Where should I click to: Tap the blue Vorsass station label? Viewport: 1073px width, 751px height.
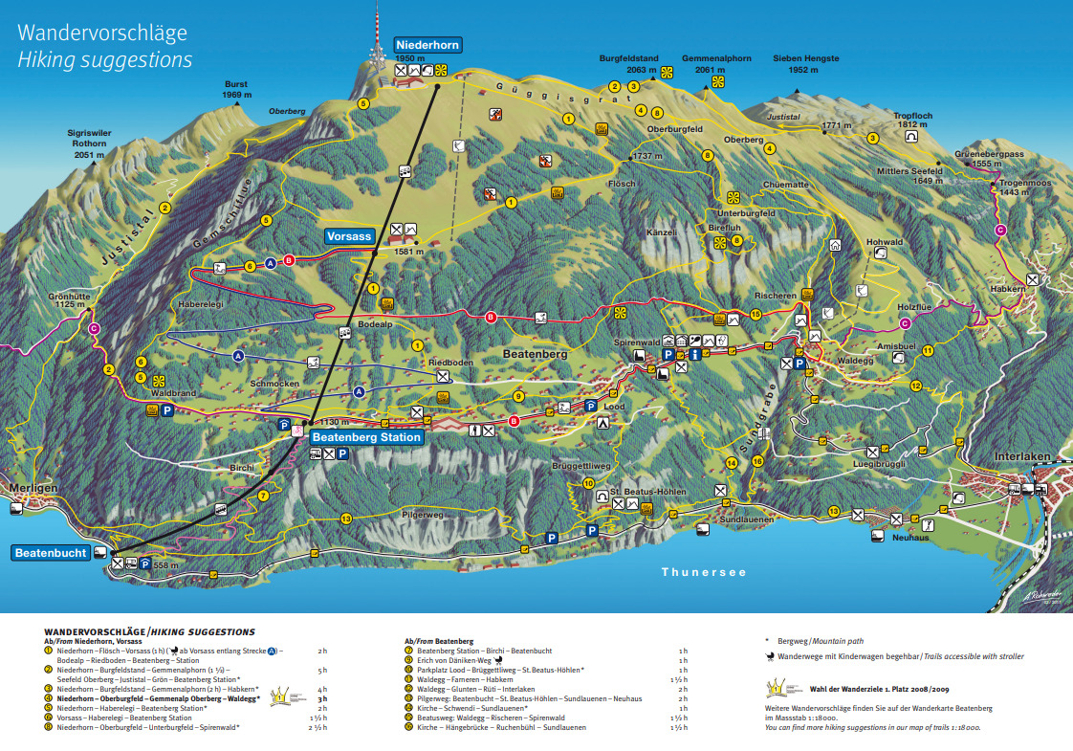coord(348,236)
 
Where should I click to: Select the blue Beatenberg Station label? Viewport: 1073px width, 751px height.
coord(367,437)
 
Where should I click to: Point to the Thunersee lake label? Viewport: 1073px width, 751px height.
coord(703,572)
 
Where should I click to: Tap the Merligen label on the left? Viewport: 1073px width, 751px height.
coord(28,488)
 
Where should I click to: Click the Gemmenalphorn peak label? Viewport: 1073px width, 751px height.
coord(716,58)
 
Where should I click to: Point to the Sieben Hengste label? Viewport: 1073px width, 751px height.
coord(805,58)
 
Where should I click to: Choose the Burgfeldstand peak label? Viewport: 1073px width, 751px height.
coord(629,58)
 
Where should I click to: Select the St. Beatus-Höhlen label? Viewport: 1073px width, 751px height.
coord(648,492)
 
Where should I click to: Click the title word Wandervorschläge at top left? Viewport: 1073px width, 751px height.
coord(102,33)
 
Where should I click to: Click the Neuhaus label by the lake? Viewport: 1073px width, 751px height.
coord(909,539)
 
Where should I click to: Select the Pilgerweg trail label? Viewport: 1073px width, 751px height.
coord(423,514)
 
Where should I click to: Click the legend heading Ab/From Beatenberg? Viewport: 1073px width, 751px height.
coord(439,640)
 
